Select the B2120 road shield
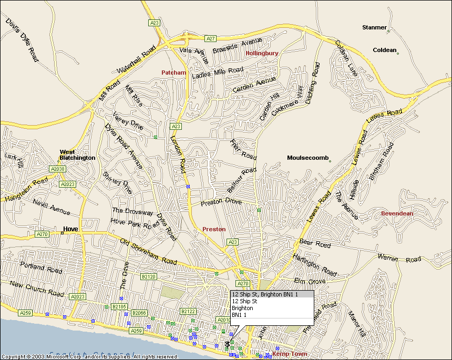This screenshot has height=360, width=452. pos(148,276)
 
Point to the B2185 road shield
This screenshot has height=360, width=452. pos(119,306)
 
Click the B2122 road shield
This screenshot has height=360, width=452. pos(188,312)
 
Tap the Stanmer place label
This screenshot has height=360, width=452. pos(374,27)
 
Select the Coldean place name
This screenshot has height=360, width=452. pos(384,50)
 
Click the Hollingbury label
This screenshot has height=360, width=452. pos(262,54)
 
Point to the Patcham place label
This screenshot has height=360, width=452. pos(173,73)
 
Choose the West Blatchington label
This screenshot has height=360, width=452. pos(77,155)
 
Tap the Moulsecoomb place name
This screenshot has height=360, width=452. pos(307,158)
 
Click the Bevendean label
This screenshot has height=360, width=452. pos(397,213)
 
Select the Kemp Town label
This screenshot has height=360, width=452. pos(289,354)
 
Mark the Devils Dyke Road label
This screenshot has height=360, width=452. pos(22,40)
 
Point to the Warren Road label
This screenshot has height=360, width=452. pos(399,258)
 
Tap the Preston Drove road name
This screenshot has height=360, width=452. pos(221,202)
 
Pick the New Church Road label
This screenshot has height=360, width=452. pos(37,289)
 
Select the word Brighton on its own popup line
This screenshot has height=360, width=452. pos(242,308)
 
